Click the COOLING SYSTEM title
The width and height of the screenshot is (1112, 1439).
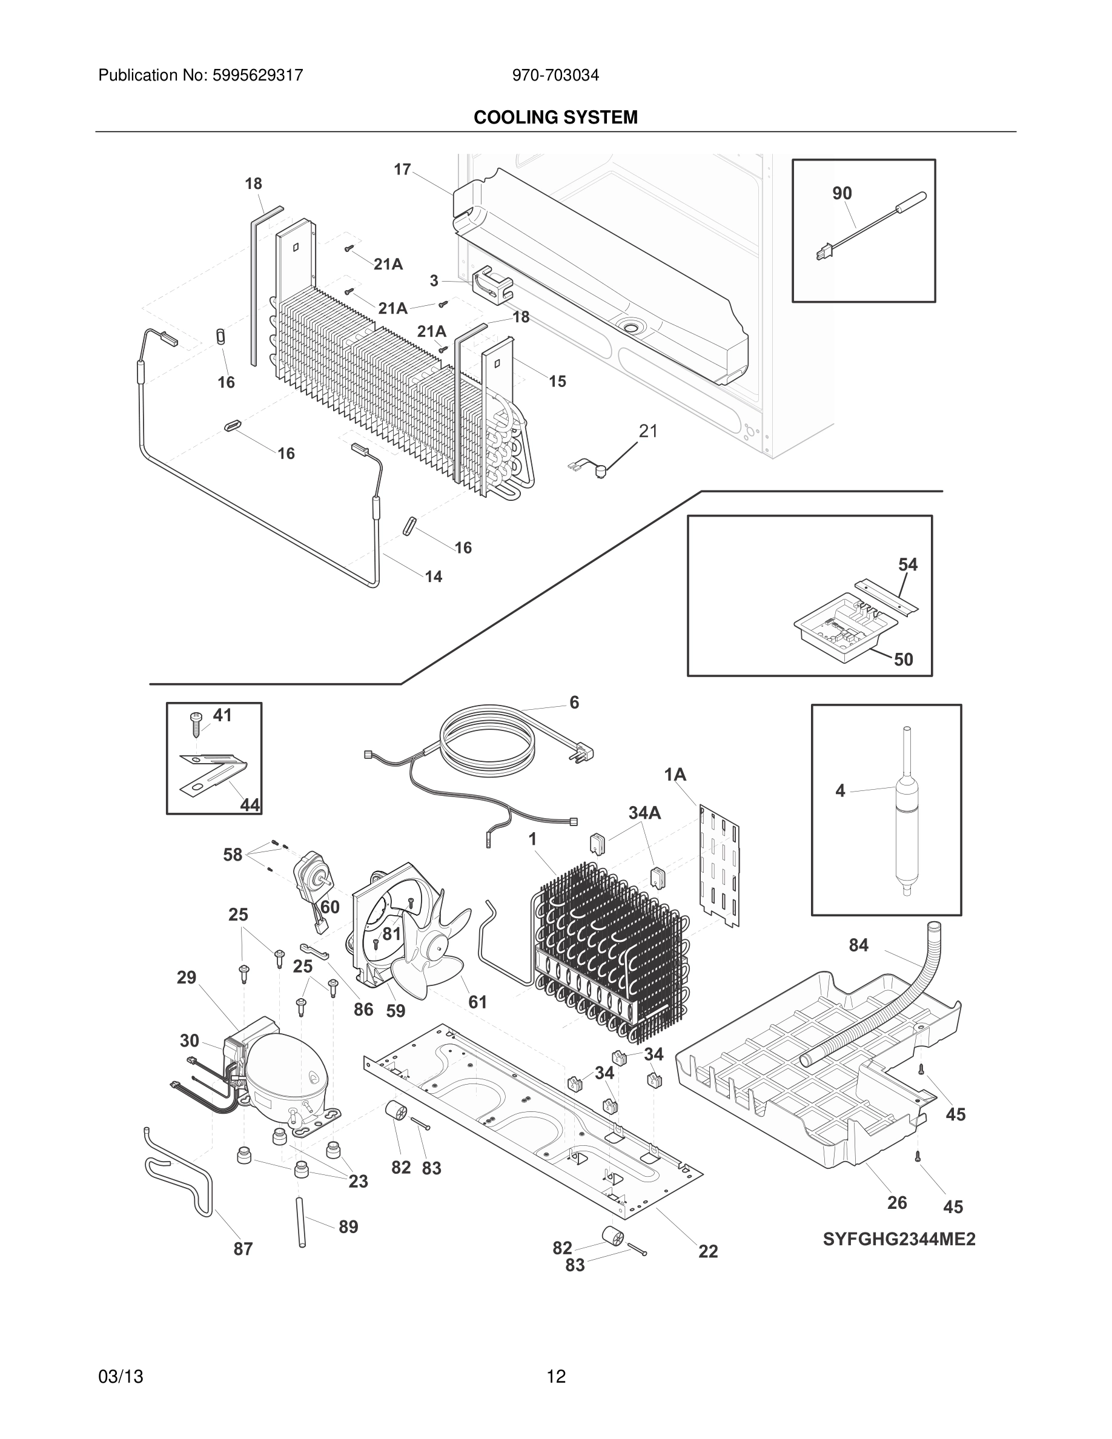click(555, 117)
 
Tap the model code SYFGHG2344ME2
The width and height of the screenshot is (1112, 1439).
click(899, 1239)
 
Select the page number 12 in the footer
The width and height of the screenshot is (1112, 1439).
click(556, 1377)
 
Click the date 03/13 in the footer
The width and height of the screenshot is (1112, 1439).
click(121, 1377)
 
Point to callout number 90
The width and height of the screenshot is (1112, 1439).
click(842, 193)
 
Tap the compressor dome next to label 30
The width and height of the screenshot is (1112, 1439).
click(277, 1073)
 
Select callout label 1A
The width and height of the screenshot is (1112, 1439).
click(675, 775)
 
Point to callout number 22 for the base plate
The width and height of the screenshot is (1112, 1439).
click(707, 1251)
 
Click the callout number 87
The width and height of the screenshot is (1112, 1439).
click(243, 1249)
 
